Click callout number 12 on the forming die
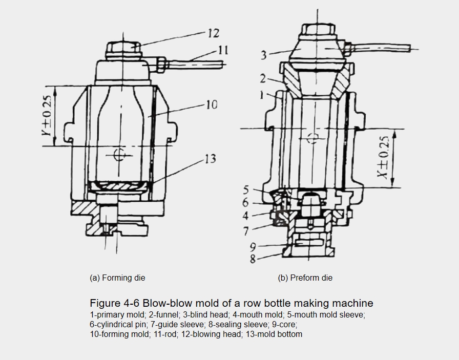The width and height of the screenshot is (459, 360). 214,33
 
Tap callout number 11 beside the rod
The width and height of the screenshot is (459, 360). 223,50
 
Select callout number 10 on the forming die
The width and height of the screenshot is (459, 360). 212,104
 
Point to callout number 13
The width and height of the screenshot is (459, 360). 210,159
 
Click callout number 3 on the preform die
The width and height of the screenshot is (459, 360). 264,55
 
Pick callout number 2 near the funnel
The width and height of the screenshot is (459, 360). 263,78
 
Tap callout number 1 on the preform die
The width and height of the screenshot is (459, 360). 262,95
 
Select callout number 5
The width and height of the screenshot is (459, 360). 246,190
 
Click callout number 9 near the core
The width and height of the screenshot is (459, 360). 253,247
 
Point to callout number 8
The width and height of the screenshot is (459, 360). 253,259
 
